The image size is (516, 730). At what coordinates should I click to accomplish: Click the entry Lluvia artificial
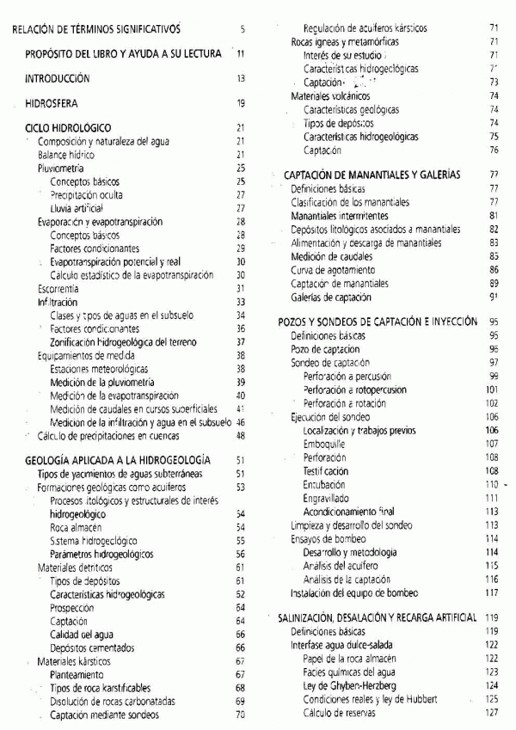pyautogui.click(x=76, y=208)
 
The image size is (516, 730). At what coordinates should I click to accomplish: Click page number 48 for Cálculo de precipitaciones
pyautogui.click(x=241, y=435)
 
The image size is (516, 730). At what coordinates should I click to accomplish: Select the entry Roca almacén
pyautogui.click(x=76, y=527)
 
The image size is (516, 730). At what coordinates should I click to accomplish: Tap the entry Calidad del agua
pyautogui.click(x=82, y=635)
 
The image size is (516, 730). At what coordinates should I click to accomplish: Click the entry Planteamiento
pyautogui.click(x=76, y=675)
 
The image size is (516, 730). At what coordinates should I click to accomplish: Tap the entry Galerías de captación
pyautogui.click(x=331, y=298)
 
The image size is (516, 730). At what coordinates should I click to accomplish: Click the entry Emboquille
pyautogui.click(x=324, y=444)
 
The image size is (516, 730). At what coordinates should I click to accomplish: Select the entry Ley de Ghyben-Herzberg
pyautogui.click(x=349, y=685)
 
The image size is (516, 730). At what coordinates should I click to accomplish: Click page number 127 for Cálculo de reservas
pyautogui.click(x=492, y=712)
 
